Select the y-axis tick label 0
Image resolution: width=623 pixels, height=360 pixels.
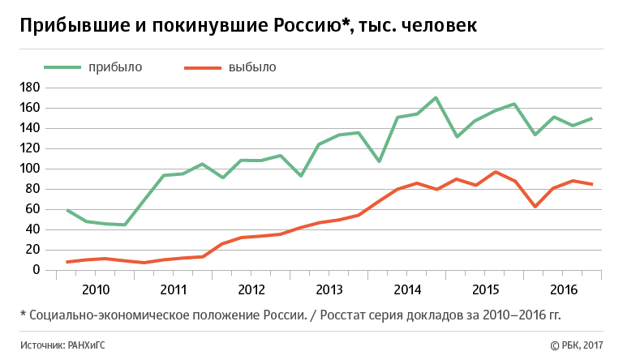pyautogui.click(x=37, y=270)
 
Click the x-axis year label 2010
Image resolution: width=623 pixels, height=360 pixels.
pyautogui.click(x=95, y=289)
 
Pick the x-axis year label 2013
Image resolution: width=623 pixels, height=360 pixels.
pyautogui.click(x=329, y=289)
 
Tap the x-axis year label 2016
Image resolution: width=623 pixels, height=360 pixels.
pyautogui.click(x=562, y=289)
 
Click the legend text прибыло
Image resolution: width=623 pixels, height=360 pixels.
pyautogui.click(x=115, y=67)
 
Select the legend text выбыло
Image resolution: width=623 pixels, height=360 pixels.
pyautogui.click(x=252, y=67)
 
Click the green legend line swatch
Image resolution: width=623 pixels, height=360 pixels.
pyautogui.click(x=62, y=67)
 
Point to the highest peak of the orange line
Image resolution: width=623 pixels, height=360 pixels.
pyautogui.click(x=496, y=172)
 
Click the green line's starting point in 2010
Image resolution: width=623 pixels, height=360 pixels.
pyautogui.click(x=67, y=210)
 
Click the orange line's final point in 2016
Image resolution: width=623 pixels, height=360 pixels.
pyautogui.click(x=592, y=184)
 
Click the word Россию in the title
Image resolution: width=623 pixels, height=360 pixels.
pyautogui.click(x=303, y=26)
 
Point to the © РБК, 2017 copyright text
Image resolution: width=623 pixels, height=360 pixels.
pyautogui.click(x=578, y=345)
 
